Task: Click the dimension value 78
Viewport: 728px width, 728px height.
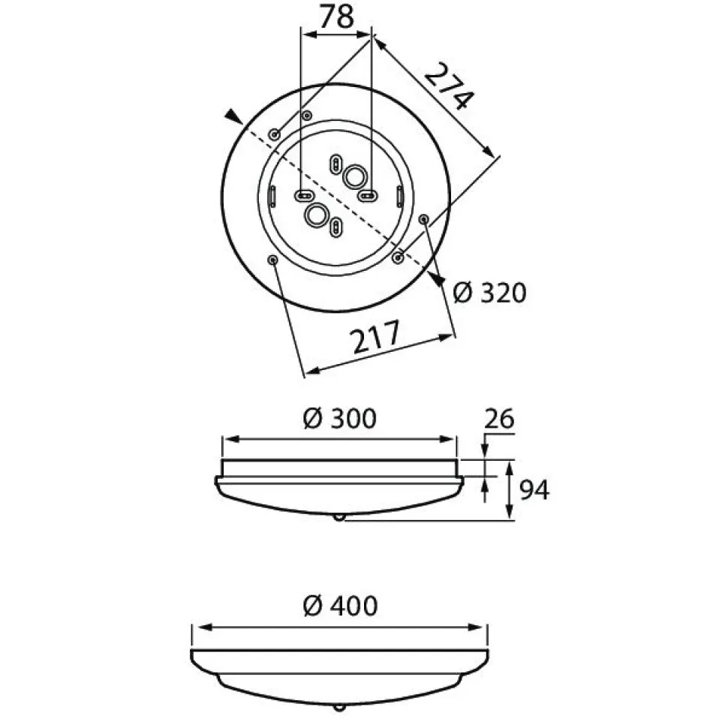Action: pos(337,17)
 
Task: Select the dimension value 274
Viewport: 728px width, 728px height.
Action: pos(450,87)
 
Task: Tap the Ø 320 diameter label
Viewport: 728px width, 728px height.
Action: pos(489,293)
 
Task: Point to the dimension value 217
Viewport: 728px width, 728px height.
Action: pos(375,335)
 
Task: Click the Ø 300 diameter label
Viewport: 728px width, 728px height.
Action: pos(339,418)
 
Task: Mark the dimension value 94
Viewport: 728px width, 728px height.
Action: pos(534,490)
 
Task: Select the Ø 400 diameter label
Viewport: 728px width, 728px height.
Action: pos(340,606)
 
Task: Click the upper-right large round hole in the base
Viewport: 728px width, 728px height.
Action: pos(355,176)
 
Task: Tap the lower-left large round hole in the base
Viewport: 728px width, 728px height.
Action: pos(317,215)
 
